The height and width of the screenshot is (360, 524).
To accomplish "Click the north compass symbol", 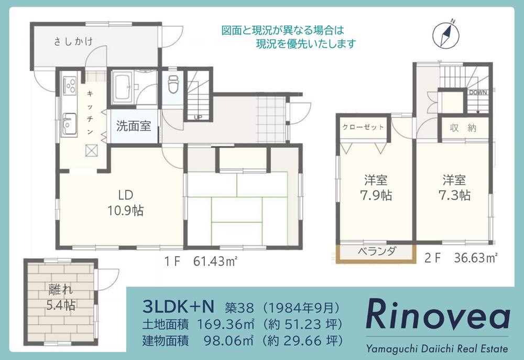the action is tap(446, 34).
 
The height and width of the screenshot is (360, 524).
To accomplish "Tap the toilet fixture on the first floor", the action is tap(173, 84).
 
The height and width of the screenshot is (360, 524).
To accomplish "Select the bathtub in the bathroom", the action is tap(124, 88).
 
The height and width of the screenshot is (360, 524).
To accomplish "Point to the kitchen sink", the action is tap(70, 124).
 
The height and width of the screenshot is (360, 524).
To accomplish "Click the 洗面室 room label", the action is tap(134, 126).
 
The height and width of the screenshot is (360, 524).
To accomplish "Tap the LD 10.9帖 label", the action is tap(125, 203).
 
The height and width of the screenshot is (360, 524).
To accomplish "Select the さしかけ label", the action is tap(73, 41).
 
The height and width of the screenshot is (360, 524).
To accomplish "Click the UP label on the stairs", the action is tap(198, 117).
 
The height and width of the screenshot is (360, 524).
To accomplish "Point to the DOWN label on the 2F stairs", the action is tap(478, 92).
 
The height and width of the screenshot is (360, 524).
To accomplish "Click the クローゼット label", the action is tap(363, 127).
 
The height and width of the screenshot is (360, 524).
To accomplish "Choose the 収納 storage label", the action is tap(463, 128).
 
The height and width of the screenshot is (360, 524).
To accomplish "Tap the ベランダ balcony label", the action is tap(377, 252).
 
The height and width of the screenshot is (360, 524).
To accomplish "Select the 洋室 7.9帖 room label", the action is tap(376, 188).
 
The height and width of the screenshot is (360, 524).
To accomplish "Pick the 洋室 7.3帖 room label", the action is tap(454, 188).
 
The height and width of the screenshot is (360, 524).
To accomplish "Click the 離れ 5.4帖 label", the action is tap(60, 297).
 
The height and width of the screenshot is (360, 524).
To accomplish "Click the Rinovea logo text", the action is tap(438, 314).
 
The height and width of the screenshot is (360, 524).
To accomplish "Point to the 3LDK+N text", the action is tap(178, 306).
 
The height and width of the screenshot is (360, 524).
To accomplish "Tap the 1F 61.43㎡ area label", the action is tap(201, 261).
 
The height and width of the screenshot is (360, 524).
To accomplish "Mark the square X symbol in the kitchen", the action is tap(91, 150).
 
